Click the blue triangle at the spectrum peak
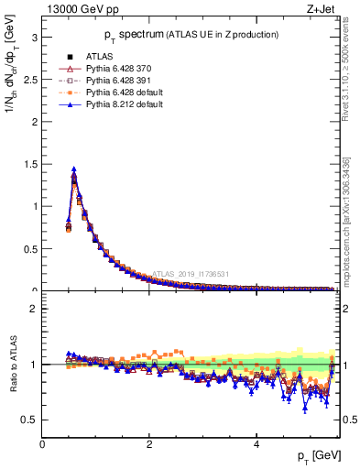point(73,169)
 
